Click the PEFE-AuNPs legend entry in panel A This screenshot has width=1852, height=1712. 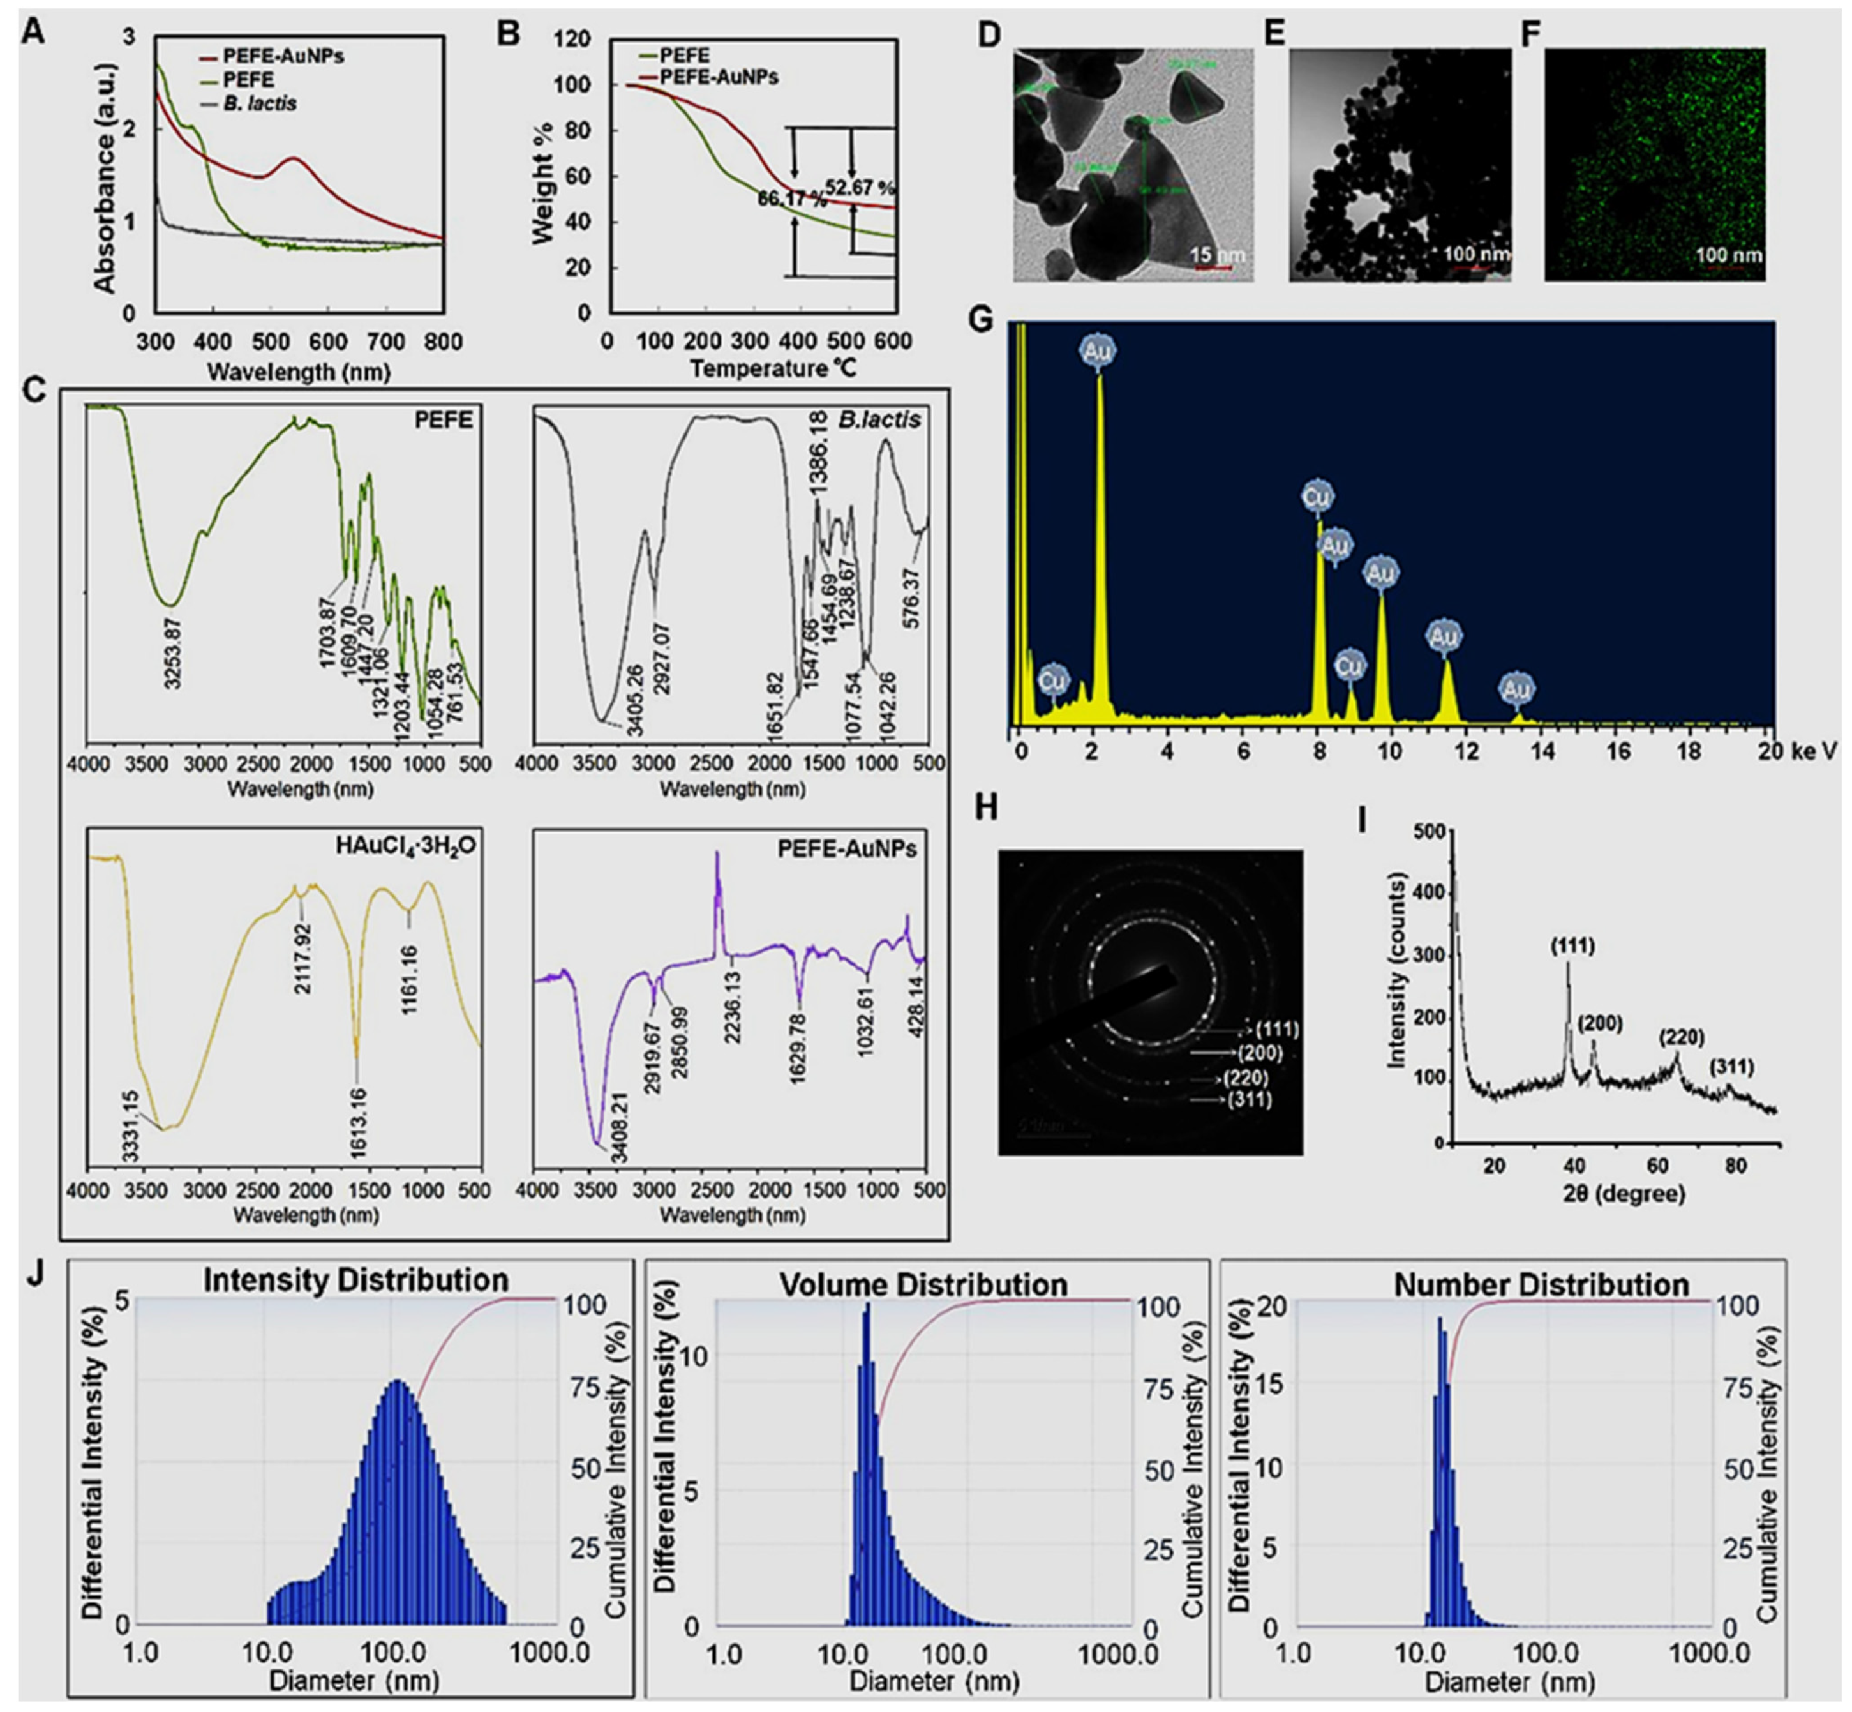(x=283, y=57)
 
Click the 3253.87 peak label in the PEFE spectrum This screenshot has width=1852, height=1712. (x=172, y=654)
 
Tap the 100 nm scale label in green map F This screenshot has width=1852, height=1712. (x=1728, y=255)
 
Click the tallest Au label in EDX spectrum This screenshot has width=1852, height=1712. (x=1099, y=351)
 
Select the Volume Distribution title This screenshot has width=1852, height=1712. (x=923, y=1285)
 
